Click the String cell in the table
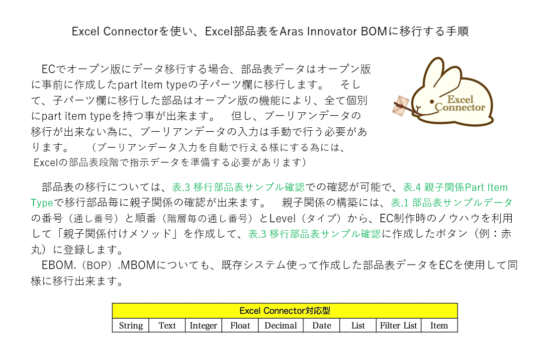point(130,325)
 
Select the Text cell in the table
point(167,325)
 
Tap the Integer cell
point(203,325)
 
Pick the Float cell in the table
point(240,325)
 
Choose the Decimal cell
point(281,325)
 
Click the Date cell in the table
point(322,325)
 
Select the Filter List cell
point(398,325)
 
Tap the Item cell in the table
point(439,325)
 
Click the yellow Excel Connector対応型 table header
point(285,311)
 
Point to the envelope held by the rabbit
point(401,105)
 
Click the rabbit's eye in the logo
point(432,101)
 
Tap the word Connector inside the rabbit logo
point(460,107)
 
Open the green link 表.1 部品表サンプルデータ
point(452,202)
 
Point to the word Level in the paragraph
point(282,218)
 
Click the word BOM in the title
point(374,31)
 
